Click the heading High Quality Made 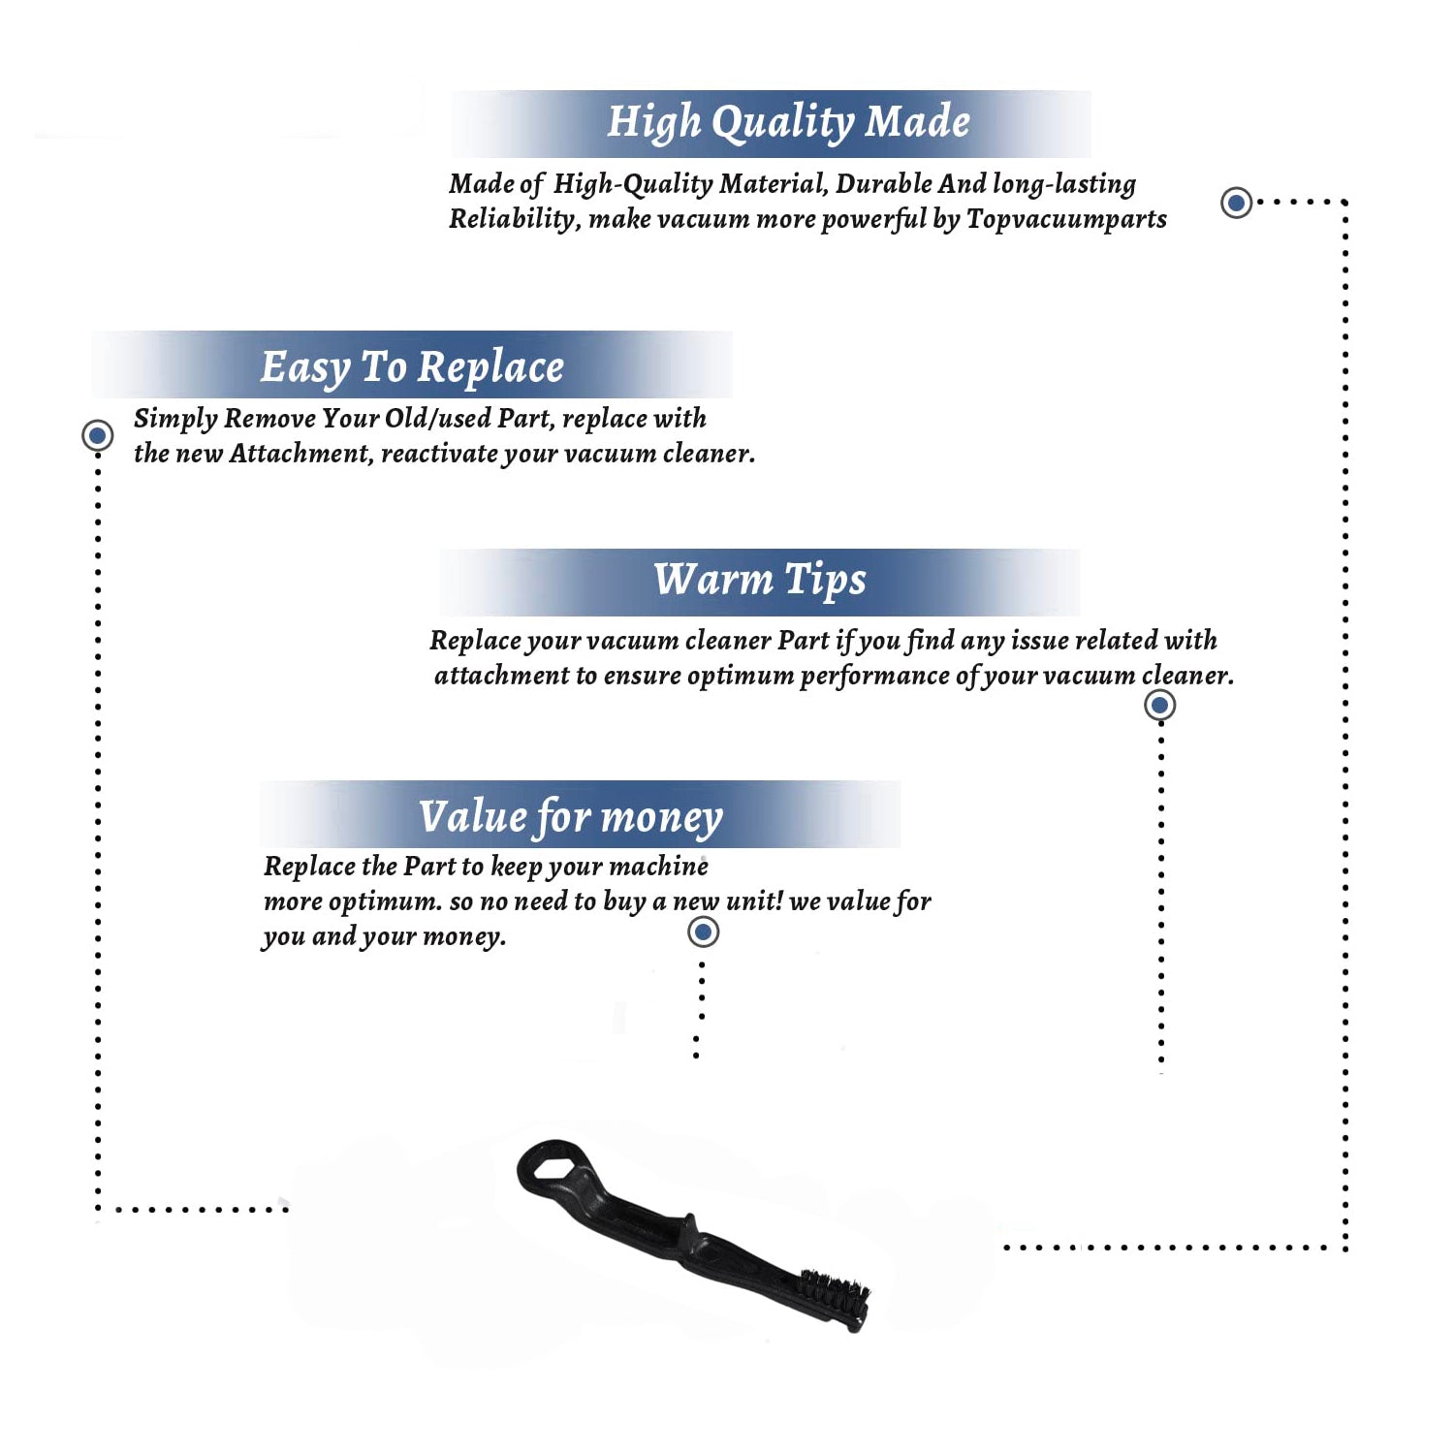[x=788, y=123]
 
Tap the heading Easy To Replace [x=412, y=367]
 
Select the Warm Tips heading [x=760, y=580]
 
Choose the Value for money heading [x=571, y=817]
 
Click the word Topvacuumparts [x=1066, y=220]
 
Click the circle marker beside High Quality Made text [x=1236, y=203]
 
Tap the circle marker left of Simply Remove [x=97, y=435]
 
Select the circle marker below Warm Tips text [x=1159, y=705]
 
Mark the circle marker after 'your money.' [x=703, y=932]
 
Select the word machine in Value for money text [x=659, y=866]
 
